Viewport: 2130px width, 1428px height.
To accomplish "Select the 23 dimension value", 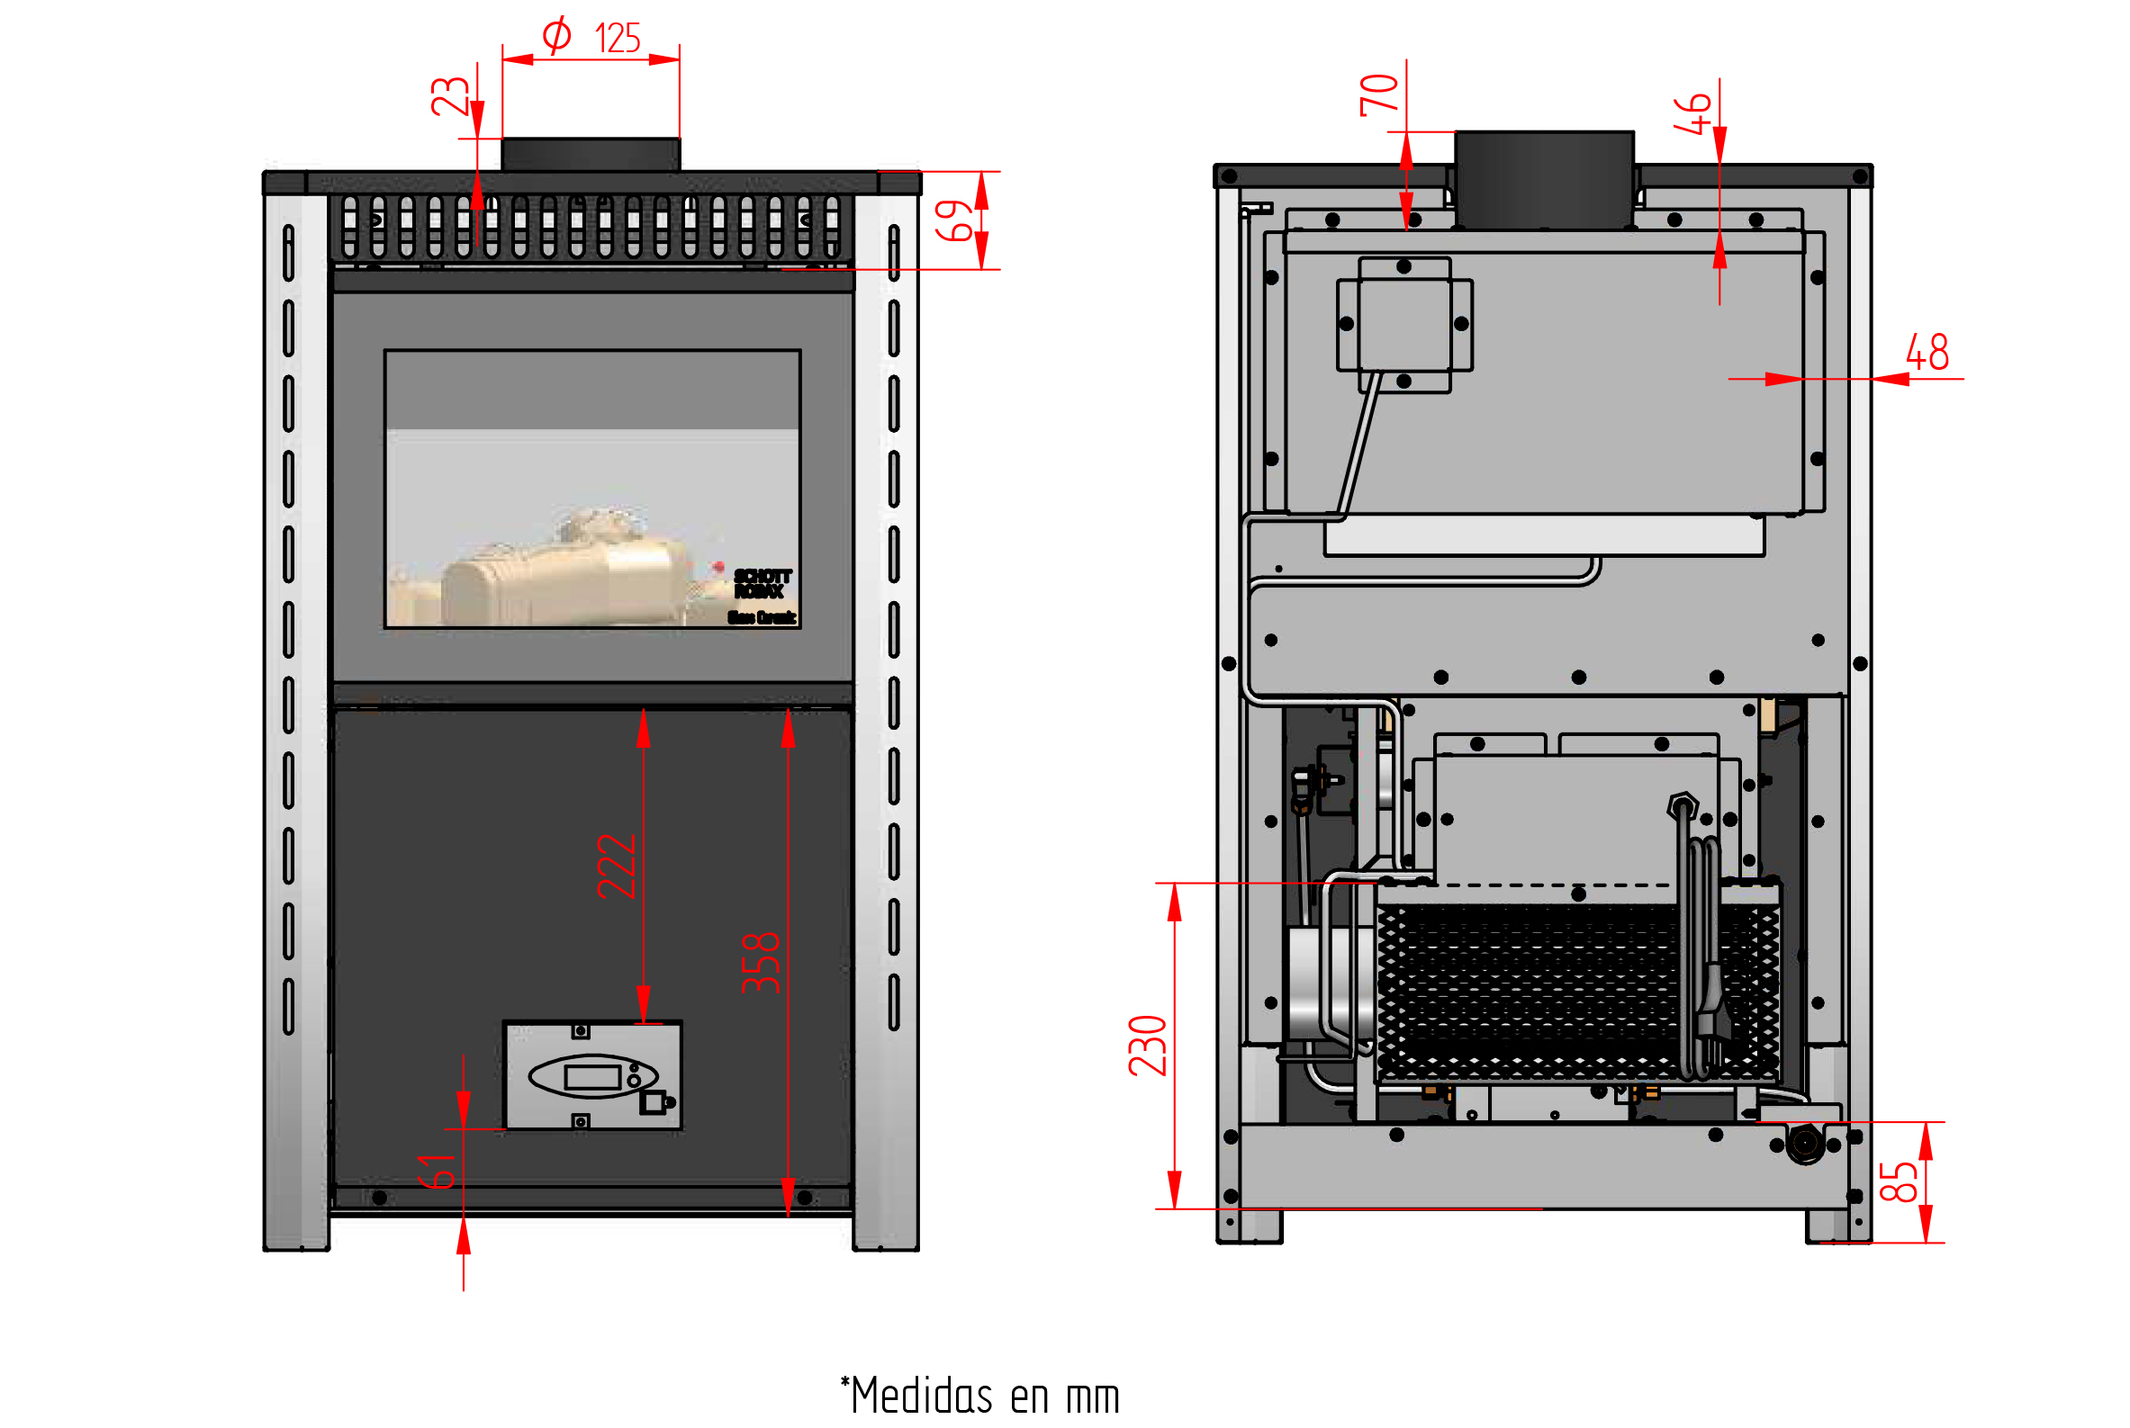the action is pos(449,95).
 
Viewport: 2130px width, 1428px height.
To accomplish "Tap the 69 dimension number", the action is pos(954,220).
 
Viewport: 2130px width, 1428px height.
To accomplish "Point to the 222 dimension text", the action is pos(616,867).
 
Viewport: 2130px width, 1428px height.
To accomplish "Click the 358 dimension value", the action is pos(761,963).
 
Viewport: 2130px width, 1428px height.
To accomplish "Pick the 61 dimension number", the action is pos(437,1172).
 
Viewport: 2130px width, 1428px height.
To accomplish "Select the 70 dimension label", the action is pos(1378,94).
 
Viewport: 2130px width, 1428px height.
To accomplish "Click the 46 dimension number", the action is pos(1692,114).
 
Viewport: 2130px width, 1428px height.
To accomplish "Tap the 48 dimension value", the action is pos(1927,353).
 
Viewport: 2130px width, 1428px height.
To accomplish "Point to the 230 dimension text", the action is pos(1147,1046).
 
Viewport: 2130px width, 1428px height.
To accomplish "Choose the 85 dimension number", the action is pos(1899,1182).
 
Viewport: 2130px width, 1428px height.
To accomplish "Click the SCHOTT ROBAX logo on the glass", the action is pos(762,584).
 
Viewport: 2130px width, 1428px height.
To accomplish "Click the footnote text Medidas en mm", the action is pos(980,1397).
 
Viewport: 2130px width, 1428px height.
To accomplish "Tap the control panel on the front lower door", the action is pos(592,1075).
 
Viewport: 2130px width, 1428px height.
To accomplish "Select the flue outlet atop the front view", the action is pos(591,154).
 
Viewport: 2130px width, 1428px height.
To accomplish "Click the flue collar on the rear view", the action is pos(1543,178).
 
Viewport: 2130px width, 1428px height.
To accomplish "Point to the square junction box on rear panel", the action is pos(1403,324).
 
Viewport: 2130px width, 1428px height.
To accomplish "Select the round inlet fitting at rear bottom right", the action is pos(1805,1142).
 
